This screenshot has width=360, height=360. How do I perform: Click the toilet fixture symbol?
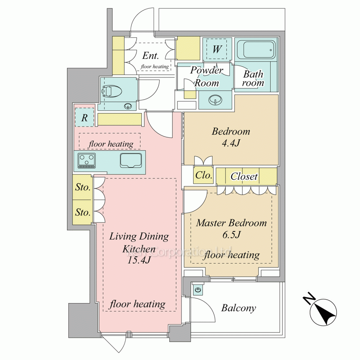tap(110, 91)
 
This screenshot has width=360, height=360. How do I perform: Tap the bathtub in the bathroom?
tap(256, 50)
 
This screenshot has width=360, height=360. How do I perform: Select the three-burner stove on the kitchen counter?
tap(87, 160)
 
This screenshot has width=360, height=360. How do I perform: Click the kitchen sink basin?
tap(131, 160)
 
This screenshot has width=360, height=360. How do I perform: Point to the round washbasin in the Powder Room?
tap(215, 100)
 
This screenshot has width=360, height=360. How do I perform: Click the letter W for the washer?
tap(217, 49)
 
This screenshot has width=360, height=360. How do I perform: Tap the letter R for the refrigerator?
tap(85, 118)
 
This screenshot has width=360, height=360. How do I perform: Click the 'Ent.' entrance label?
tap(150, 55)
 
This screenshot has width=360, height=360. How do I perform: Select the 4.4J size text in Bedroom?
tap(231, 143)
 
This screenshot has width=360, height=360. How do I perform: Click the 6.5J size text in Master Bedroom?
tap(231, 235)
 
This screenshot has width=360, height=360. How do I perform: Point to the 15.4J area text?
tap(139, 260)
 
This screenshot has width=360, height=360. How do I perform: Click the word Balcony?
tap(239, 308)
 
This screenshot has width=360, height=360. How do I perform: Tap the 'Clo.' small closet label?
tap(203, 175)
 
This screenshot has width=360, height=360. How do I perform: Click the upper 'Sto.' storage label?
tap(83, 187)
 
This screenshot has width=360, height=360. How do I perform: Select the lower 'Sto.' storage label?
tap(83, 212)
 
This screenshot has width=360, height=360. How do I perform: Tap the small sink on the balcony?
tap(198, 290)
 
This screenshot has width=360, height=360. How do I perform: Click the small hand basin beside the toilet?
tap(128, 106)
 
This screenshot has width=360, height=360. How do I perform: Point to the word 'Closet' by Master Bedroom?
tap(244, 176)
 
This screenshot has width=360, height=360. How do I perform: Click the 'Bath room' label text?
tap(253, 78)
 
